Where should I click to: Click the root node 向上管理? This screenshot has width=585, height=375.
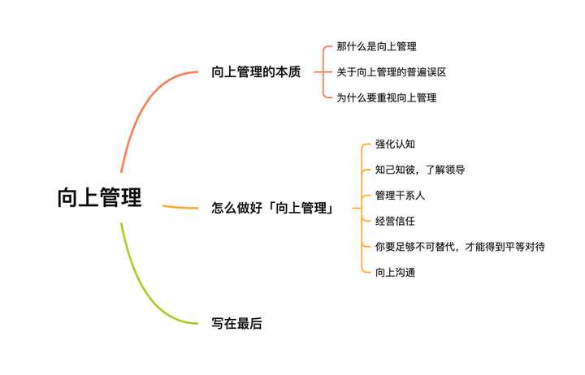[x=99, y=198]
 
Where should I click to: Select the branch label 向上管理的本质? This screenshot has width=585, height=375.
[x=256, y=72]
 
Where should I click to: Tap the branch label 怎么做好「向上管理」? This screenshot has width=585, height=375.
[x=275, y=208]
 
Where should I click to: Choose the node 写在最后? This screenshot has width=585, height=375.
[x=236, y=323]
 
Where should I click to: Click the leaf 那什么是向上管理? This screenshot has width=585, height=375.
[x=376, y=47]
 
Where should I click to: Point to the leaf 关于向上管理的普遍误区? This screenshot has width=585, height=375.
[x=392, y=72]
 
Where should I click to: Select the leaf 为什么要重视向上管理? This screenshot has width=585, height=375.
[x=387, y=97]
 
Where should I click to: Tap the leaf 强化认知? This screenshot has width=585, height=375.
[x=396, y=144]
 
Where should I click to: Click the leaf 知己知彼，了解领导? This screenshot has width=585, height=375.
[x=420, y=170]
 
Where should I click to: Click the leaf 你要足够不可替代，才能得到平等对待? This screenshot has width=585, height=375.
[x=460, y=246]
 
